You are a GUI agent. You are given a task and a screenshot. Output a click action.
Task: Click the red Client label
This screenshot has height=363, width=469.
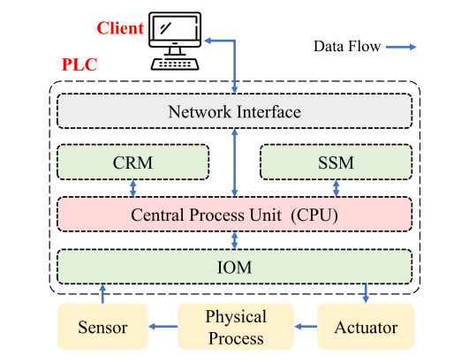(120, 28)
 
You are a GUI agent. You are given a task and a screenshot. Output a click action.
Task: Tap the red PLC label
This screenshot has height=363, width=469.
(79, 64)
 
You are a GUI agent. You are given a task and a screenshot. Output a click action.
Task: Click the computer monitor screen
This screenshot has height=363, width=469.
(175, 28)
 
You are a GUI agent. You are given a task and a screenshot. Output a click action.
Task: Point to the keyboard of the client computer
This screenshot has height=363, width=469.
(175, 64)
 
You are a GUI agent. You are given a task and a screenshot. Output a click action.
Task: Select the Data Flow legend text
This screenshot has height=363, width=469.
(347, 46)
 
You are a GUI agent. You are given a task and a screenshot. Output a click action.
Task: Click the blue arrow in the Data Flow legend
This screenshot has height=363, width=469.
(401, 47)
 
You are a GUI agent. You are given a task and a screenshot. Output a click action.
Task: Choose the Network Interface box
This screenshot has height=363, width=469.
(235, 111)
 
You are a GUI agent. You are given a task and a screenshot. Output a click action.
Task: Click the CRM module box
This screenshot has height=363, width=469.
(132, 162)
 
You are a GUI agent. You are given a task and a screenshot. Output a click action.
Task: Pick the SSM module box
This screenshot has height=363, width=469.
(337, 162)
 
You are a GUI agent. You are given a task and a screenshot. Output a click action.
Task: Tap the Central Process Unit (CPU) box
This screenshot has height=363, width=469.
(235, 214)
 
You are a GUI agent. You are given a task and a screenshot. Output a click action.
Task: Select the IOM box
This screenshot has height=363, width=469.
(235, 267)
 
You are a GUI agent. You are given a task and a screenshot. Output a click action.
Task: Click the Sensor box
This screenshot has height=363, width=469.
(102, 327)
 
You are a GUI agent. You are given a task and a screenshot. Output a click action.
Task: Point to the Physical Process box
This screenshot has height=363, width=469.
(236, 327)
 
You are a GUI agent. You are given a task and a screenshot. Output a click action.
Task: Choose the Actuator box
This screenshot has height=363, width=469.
(366, 327)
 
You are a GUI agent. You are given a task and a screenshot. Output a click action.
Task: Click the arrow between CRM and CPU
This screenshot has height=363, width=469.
(132, 188)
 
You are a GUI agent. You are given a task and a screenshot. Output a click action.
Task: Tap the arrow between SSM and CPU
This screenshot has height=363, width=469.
(337, 188)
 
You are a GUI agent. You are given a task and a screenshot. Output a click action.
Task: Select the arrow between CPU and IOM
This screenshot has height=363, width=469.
(235, 240)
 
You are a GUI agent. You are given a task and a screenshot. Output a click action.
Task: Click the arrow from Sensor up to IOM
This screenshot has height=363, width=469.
(102, 293)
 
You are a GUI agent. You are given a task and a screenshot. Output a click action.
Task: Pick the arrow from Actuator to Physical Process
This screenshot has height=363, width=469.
(306, 326)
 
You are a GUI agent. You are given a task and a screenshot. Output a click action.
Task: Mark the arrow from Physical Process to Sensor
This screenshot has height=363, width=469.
(163, 326)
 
